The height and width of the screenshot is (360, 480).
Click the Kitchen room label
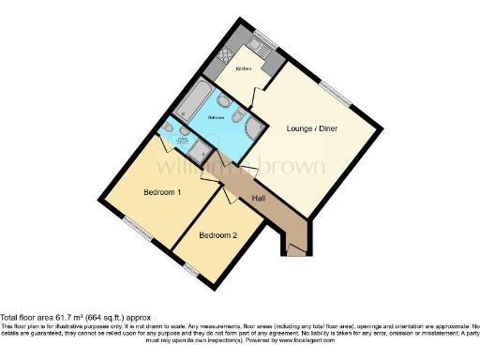click(243, 68)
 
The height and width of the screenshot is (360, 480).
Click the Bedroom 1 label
click(162, 192)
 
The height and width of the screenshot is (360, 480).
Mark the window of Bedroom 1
click(138, 227)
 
